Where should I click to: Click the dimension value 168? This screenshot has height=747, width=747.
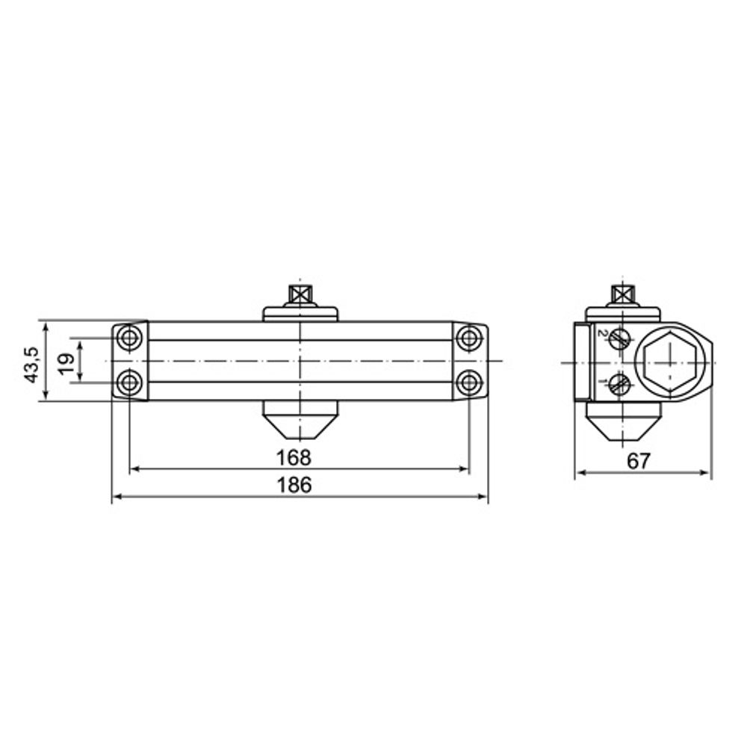[x=293, y=456]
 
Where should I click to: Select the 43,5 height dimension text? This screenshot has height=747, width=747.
[x=32, y=364]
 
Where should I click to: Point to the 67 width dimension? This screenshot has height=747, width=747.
[x=638, y=461]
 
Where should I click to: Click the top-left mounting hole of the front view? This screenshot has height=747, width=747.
[x=130, y=338]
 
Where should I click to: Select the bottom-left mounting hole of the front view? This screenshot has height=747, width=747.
[x=130, y=383]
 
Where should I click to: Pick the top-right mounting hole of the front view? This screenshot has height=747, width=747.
[x=469, y=338]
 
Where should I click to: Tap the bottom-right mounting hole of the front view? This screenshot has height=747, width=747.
[x=469, y=383]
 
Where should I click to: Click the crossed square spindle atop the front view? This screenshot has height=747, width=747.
[x=300, y=293]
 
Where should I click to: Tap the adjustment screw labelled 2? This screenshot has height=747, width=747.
[x=619, y=339]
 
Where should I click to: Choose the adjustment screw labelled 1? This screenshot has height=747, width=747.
[x=619, y=385]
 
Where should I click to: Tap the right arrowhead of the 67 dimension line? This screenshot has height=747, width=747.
[x=706, y=473]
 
